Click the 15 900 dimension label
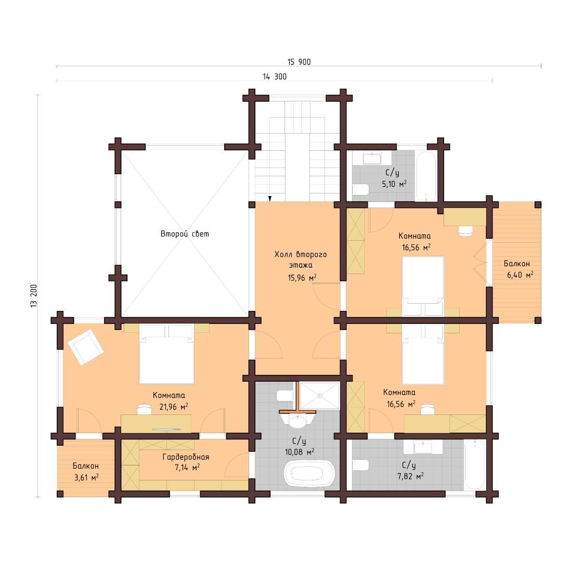(x=299, y=62)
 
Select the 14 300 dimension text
(x=275, y=76)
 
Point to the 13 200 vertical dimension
(x=34, y=296)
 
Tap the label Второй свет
(x=185, y=234)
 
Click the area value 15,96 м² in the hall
(x=302, y=278)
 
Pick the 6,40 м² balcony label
(x=520, y=275)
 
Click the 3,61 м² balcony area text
(x=86, y=477)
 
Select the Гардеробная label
(x=186, y=457)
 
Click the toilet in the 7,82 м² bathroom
(x=360, y=464)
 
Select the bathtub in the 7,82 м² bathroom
(x=475, y=464)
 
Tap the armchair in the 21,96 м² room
(x=85, y=347)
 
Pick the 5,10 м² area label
(x=394, y=184)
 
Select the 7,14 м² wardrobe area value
(x=187, y=467)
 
